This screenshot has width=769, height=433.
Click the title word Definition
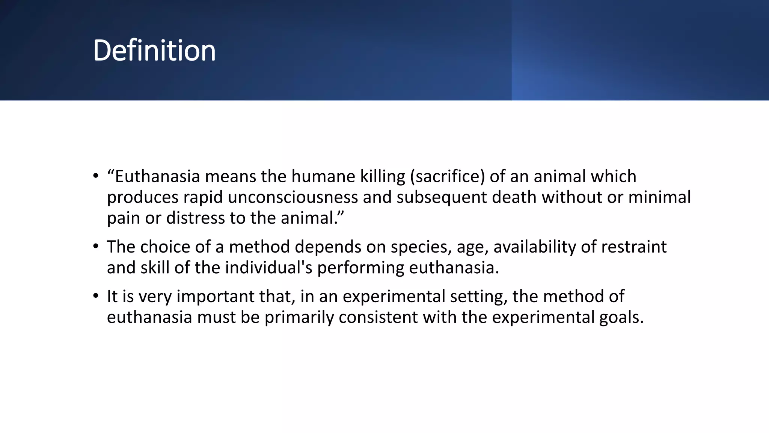[154, 50]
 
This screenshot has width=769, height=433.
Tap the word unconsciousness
[293, 197]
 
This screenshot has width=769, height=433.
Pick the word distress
[195, 218]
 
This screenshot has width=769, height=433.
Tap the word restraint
[634, 247]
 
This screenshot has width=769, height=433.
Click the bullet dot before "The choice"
[96, 247]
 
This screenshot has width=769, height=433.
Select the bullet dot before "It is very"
[96, 296]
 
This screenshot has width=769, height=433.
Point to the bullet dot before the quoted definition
[96, 176]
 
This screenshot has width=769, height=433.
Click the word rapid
[203, 197]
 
